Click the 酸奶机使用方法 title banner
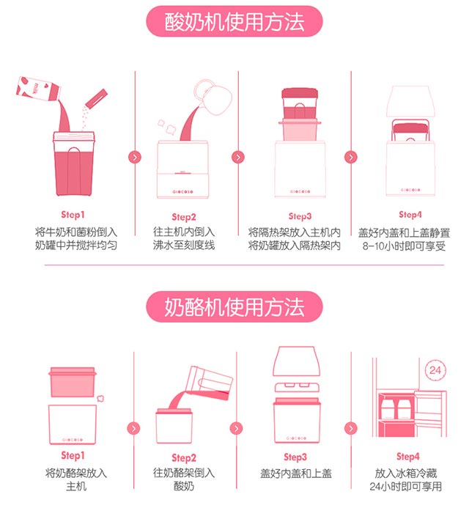click(x=234, y=21)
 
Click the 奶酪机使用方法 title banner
click(x=234, y=307)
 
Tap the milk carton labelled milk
click(x=38, y=89)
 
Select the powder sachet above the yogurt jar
click(x=96, y=97)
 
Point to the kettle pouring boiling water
click(x=214, y=97)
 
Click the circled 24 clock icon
click(x=435, y=370)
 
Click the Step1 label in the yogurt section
click(x=73, y=215)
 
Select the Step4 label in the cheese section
click(x=407, y=457)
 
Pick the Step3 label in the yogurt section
click(x=300, y=216)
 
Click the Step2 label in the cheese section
click(x=184, y=458)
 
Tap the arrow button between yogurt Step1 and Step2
click(x=135, y=157)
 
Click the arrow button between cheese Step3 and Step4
click(x=351, y=429)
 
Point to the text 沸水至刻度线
click(x=184, y=246)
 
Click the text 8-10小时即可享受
click(x=404, y=246)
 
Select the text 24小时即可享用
click(x=406, y=487)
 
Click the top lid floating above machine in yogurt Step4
click(x=410, y=101)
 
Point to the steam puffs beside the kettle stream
click(x=166, y=127)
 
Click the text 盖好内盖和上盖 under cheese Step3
click(x=296, y=474)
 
